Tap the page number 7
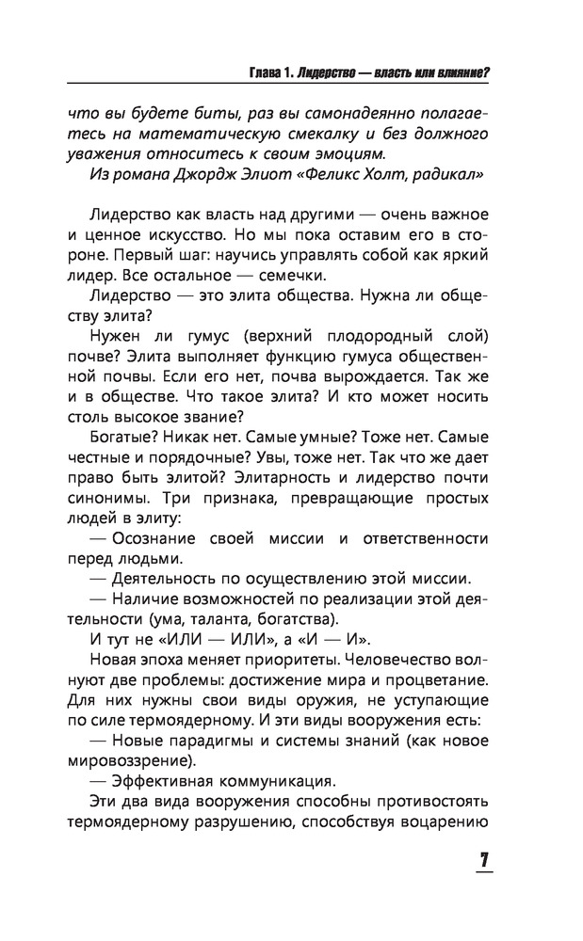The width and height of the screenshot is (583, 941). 483,862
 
